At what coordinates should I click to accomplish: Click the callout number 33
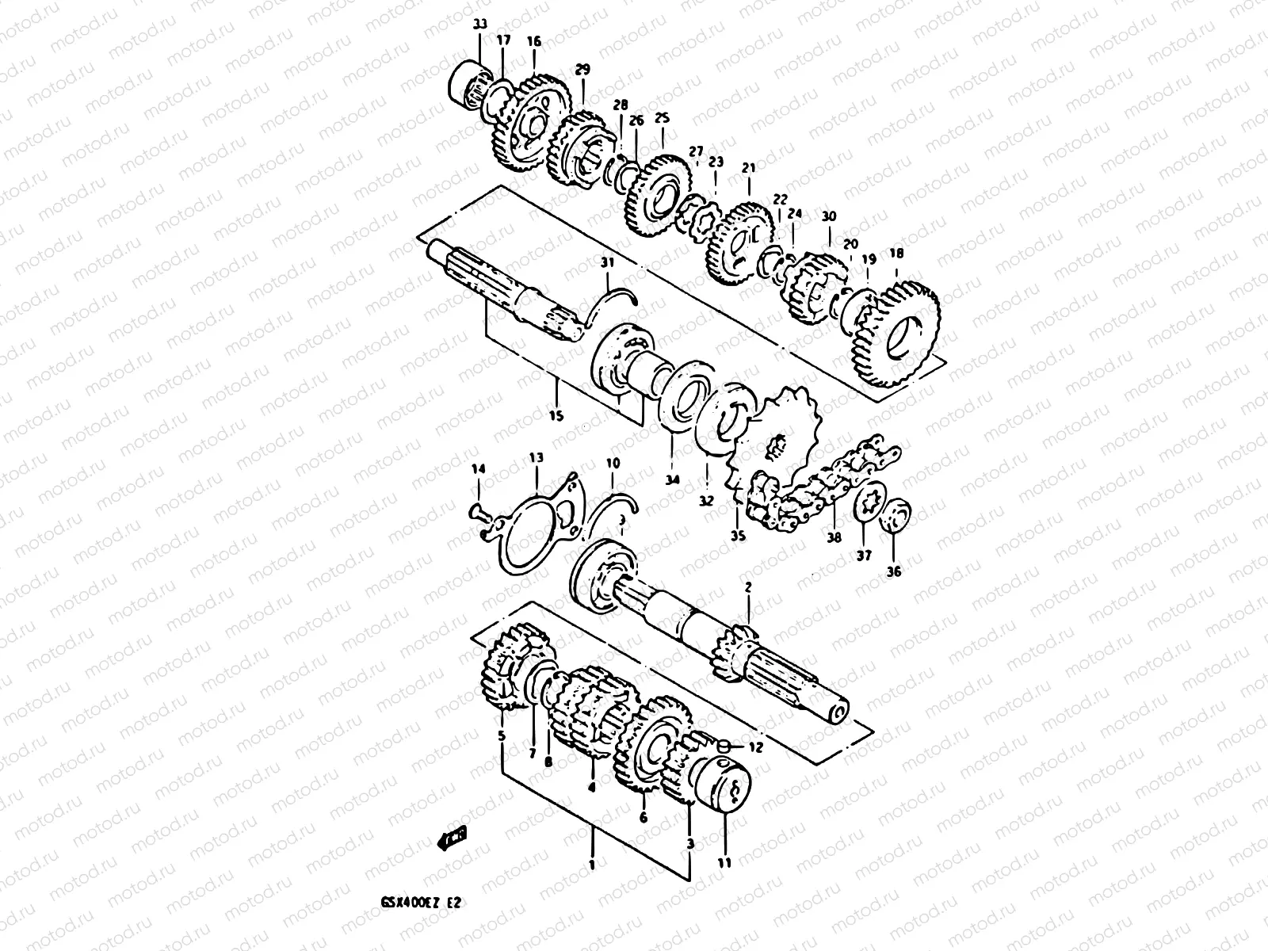pyautogui.click(x=479, y=25)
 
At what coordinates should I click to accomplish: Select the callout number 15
pyautogui.click(x=556, y=415)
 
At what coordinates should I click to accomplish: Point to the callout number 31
pyautogui.click(x=607, y=262)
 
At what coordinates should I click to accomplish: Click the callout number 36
pyautogui.click(x=893, y=571)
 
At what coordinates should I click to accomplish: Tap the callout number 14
pyautogui.click(x=477, y=470)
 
